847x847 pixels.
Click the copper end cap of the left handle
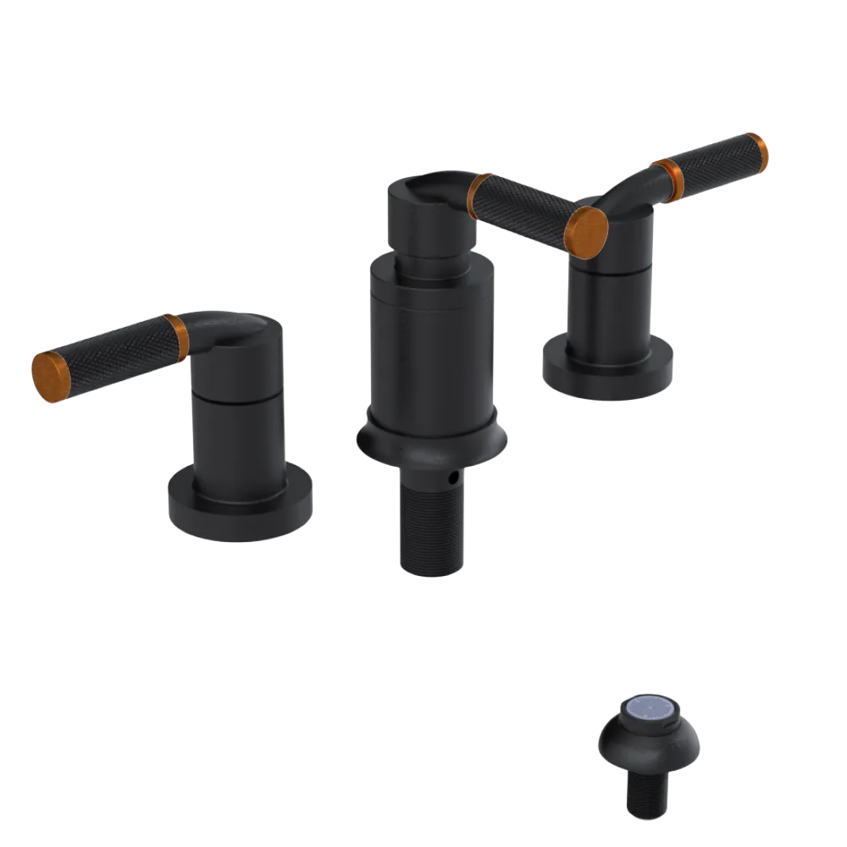49,374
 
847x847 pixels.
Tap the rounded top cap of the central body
423,212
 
